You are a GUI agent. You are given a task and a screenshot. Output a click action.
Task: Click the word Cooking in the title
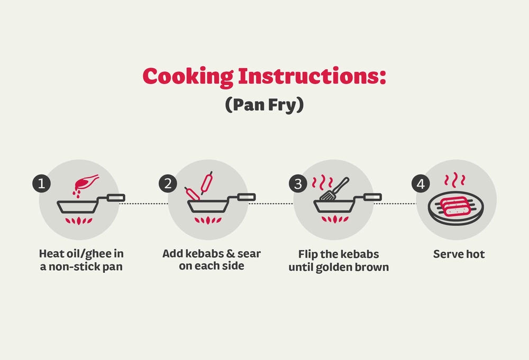point(187,77)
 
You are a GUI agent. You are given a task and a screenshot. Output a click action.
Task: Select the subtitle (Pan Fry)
point(264,104)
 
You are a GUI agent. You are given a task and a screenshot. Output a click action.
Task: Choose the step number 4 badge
point(421,184)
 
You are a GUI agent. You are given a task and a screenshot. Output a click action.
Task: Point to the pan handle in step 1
point(115,198)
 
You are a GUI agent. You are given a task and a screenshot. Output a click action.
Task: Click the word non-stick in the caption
point(72,266)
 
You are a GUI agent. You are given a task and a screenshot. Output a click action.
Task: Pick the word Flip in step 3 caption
point(308,254)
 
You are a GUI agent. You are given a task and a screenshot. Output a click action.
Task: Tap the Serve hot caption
point(459,254)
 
